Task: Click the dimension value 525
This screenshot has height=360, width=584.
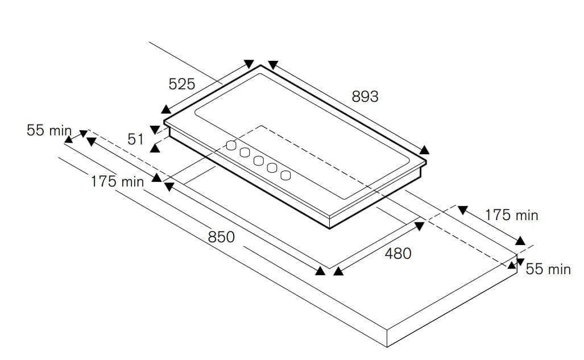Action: point(182,84)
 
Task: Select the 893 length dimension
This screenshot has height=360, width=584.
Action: point(365,97)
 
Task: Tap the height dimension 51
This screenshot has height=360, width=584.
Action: point(135,139)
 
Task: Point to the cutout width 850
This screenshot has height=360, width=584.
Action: point(221,237)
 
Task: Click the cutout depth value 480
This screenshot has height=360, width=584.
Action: point(398,254)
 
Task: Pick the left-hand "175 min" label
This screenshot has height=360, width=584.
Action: point(117,182)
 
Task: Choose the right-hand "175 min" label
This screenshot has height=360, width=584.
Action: point(511,216)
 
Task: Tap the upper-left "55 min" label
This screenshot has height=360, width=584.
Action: point(49,130)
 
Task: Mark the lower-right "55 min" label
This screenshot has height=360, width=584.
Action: point(548,269)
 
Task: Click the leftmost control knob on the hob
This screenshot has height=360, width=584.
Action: point(231,145)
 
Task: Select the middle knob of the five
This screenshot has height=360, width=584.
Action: point(259,160)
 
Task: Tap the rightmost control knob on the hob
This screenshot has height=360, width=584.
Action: point(285,176)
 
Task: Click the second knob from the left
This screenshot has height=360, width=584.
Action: point(245,152)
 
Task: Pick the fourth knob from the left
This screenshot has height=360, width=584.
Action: point(272,168)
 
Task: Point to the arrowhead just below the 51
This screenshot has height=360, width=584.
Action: point(155,148)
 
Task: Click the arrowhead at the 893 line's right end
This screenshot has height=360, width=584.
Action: point(424,150)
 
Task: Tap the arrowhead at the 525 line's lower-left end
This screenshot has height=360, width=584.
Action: point(166,109)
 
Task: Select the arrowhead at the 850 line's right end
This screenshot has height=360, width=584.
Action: point(320,271)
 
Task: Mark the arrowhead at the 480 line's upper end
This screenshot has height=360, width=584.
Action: point(420,226)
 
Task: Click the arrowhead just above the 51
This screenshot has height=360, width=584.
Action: point(155,130)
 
